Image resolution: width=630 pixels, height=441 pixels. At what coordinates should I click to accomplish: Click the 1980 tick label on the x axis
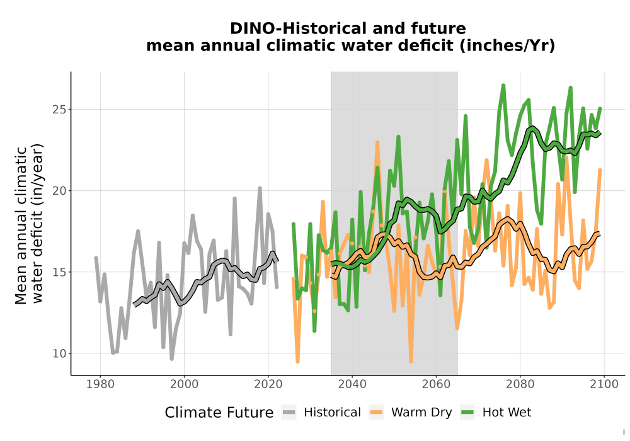(100, 384)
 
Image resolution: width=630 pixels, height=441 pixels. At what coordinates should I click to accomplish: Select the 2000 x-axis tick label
(184, 384)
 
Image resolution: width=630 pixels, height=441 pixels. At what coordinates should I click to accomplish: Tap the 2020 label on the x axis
(268, 384)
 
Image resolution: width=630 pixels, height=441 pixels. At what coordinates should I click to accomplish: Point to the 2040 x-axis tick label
(352, 384)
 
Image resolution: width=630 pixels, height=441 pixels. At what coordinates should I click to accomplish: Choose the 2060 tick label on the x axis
(436, 384)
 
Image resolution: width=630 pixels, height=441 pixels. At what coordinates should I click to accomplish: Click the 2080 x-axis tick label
(520, 384)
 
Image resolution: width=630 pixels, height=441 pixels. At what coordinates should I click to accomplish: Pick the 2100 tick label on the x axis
(604, 384)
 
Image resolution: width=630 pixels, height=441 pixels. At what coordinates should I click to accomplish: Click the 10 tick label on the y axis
(59, 353)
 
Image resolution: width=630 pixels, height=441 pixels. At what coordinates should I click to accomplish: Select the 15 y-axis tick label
(59, 272)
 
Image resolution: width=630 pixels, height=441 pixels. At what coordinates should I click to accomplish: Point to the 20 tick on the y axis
(59, 191)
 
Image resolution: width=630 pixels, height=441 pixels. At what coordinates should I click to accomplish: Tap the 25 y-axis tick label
(59, 109)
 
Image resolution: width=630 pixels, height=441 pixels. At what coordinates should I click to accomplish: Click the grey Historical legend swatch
(289, 413)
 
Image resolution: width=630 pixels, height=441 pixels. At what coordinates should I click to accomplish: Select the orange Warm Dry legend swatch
(376, 413)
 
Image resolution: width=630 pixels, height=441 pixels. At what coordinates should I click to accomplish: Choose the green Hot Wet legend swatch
(467, 413)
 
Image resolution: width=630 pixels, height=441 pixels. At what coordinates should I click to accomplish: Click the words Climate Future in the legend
(219, 413)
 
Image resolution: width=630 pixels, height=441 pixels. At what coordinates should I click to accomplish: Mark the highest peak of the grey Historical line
(260, 188)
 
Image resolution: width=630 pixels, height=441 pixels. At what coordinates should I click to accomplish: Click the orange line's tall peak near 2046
(377, 142)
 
